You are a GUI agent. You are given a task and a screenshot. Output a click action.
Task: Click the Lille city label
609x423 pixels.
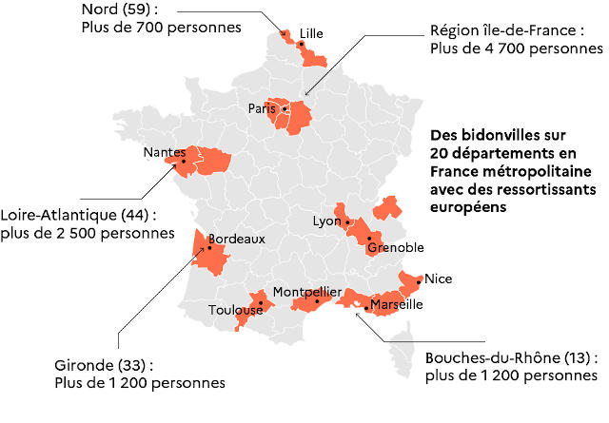311,32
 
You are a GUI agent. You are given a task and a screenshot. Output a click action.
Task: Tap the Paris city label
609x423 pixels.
261,108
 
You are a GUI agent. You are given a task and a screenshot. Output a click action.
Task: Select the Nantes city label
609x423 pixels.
164,152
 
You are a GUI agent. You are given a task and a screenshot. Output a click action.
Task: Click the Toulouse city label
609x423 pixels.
235,310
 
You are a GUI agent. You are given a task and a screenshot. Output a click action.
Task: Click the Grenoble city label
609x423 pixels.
395,247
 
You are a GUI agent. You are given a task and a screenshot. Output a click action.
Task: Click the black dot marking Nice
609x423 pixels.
419,281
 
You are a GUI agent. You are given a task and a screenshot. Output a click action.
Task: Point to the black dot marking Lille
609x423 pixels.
301,44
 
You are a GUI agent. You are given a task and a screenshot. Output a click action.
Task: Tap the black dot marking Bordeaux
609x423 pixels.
209,248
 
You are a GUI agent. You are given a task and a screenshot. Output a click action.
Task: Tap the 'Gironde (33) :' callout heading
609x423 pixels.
104,364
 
